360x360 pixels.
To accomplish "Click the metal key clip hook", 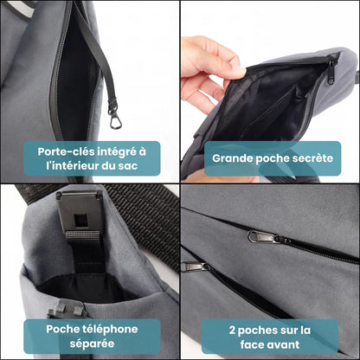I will pos(112,112).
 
